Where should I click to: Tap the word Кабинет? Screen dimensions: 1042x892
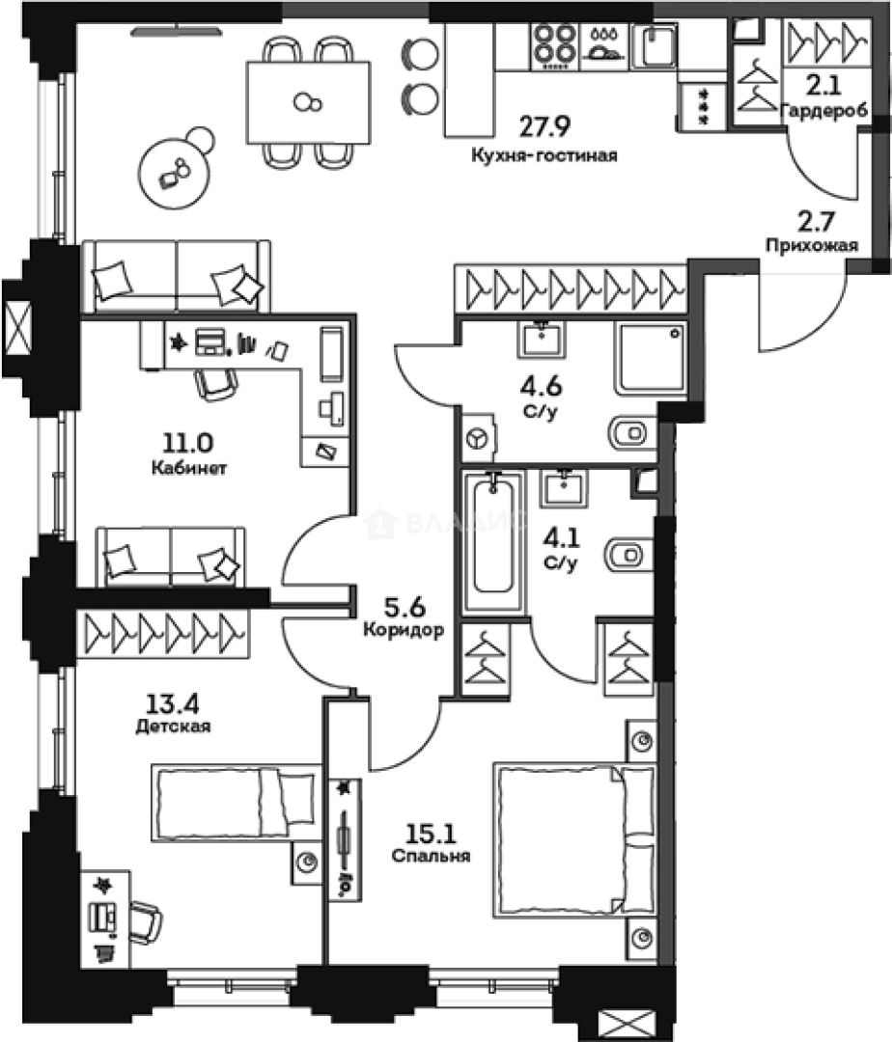click(188, 469)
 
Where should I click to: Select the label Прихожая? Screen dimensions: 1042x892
click(811, 245)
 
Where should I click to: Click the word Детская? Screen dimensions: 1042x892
click(174, 726)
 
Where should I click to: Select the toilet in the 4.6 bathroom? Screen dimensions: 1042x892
click(631, 429)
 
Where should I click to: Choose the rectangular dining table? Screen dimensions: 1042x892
click(309, 101)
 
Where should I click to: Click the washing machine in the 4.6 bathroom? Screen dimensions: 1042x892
click(478, 440)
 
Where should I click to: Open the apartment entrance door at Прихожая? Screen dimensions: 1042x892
click(792, 314)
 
